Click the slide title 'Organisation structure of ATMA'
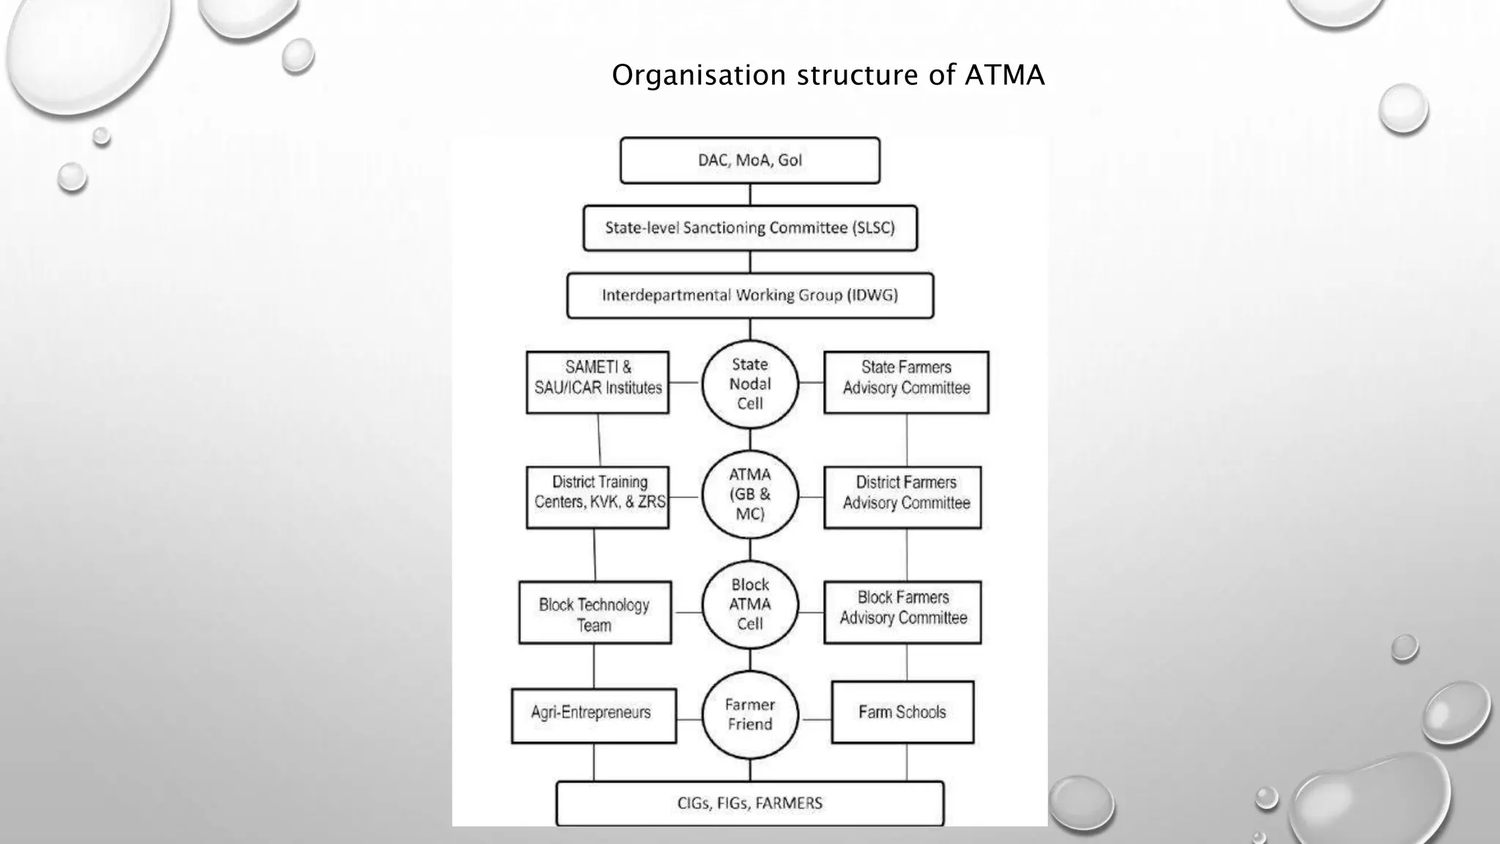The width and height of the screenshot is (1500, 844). [x=828, y=75]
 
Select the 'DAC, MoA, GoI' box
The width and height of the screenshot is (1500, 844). [x=750, y=160]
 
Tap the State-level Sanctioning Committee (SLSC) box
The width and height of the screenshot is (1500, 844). [x=750, y=228]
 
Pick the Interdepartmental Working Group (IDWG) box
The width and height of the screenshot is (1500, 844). [x=750, y=295]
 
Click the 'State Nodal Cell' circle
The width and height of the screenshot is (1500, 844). [x=750, y=384]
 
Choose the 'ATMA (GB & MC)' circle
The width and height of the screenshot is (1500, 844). [x=750, y=494]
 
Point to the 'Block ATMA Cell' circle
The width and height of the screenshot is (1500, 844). [x=750, y=604]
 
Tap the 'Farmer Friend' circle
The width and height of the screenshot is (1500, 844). [x=750, y=714]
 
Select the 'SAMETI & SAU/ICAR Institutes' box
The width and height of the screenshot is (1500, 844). [x=598, y=382]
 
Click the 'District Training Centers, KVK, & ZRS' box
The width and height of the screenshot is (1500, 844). [x=598, y=497]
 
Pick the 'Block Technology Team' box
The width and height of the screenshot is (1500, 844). [x=595, y=613]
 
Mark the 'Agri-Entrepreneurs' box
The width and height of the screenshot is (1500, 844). [x=593, y=715]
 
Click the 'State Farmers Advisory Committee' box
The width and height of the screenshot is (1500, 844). [x=906, y=382]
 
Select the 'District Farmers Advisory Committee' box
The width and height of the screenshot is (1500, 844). [x=902, y=497]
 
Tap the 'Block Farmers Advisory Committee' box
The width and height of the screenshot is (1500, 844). [x=902, y=612]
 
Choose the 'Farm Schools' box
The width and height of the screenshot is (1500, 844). [x=902, y=712]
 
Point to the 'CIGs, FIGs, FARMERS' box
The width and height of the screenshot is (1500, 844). [x=750, y=804]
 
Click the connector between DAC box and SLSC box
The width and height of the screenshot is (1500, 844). [x=750, y=195]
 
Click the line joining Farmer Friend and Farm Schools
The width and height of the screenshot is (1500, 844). [x=815, y=719]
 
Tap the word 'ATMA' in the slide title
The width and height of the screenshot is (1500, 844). [x=1004, y=75]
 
